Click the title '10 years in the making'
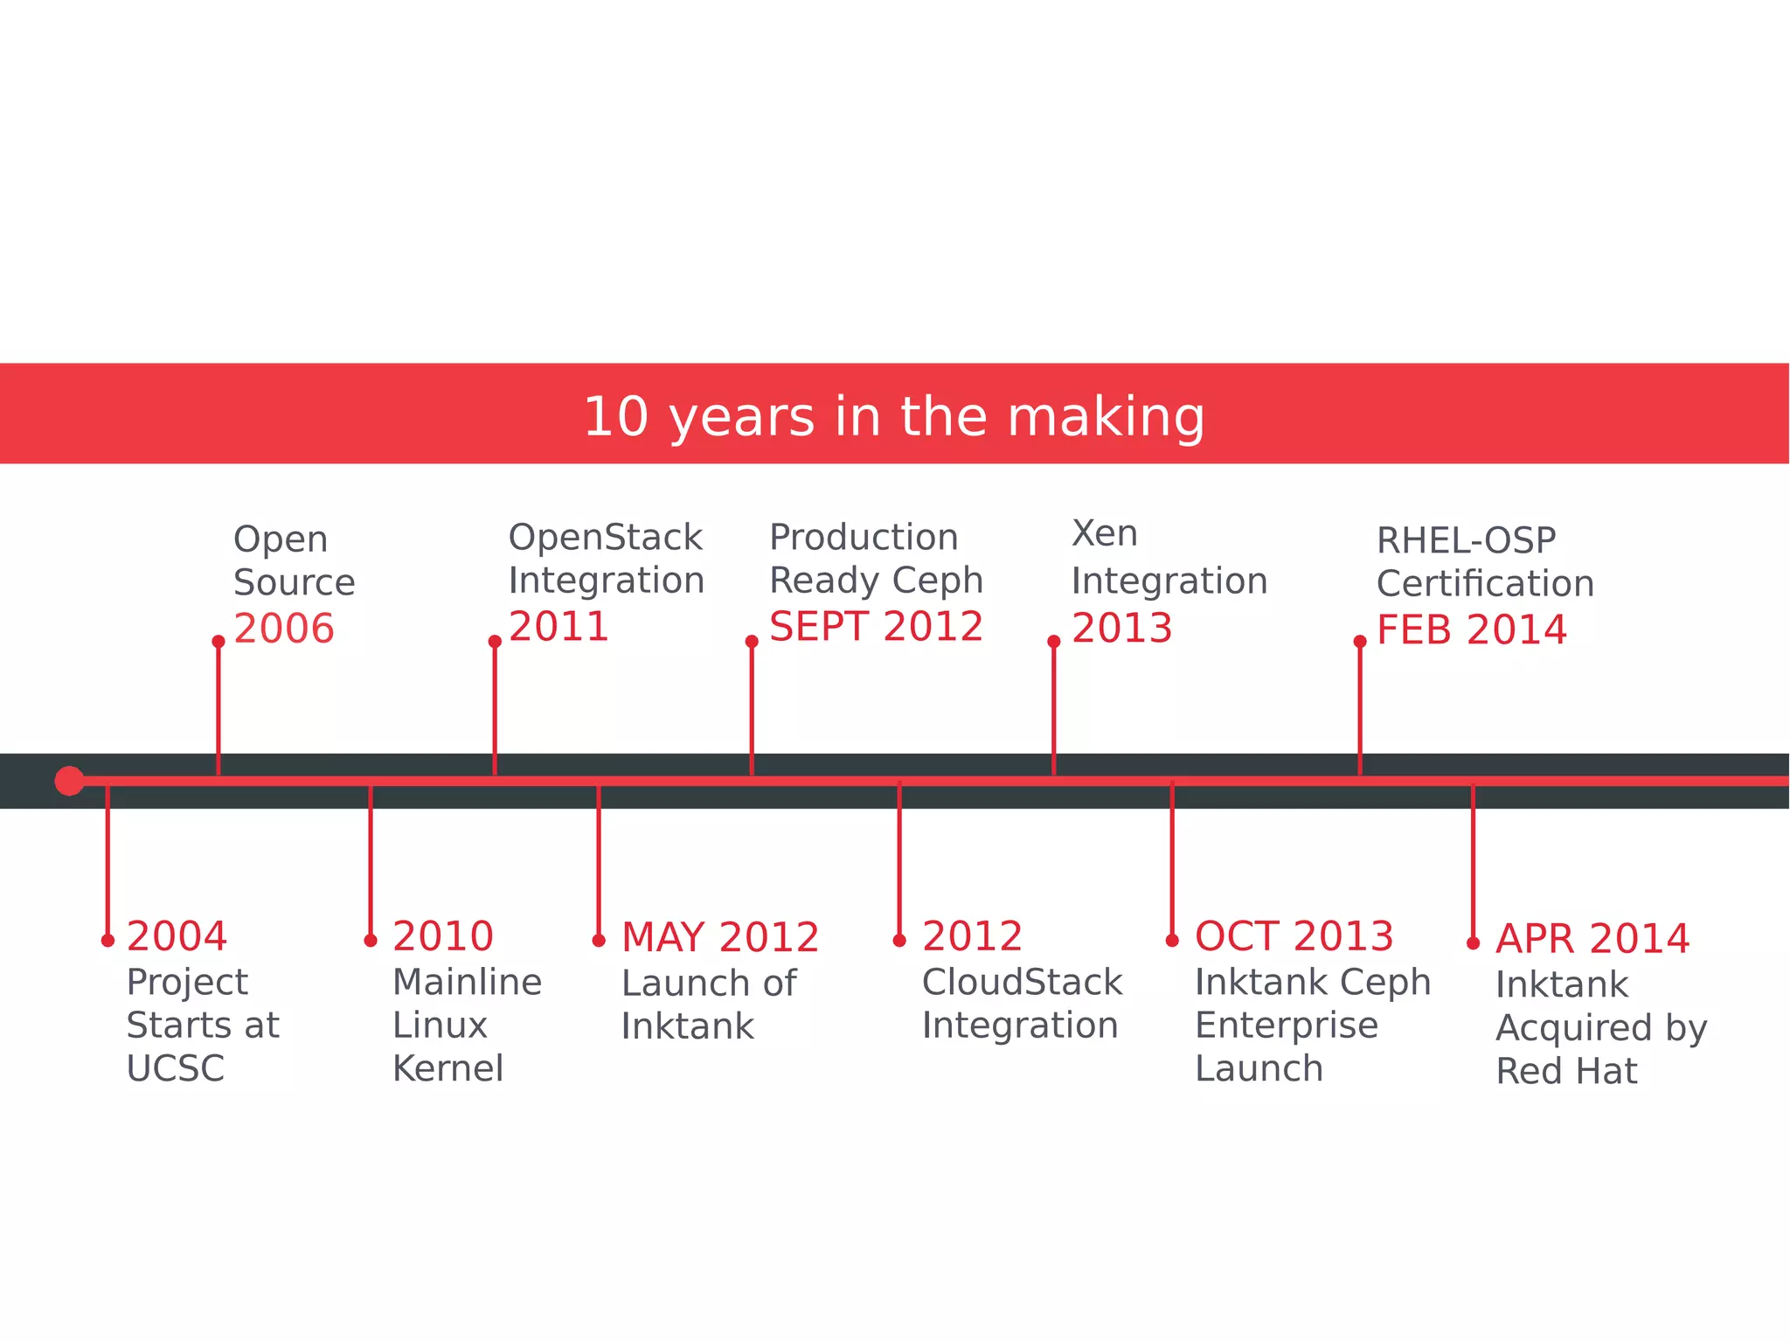[893, 416]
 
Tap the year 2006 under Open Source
[284, 629]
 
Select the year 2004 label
[177, 936]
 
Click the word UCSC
[176, 1068]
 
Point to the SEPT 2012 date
[876, 627]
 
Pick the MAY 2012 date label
[720, 937]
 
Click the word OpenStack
[605, 537]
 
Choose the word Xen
[1105, 533]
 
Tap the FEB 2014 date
[1472, 630]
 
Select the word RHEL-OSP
[1466, 540]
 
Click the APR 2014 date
[1592, 939]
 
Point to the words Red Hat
[1566, 1071]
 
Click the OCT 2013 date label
[1294, 936]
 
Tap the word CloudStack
[1022, 982]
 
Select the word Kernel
[447, 1068]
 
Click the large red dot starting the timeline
[69, 781]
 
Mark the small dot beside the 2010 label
[371, 941]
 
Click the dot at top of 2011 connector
[495, 642]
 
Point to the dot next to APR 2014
[1473, 943]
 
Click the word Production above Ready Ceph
[864, 537]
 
